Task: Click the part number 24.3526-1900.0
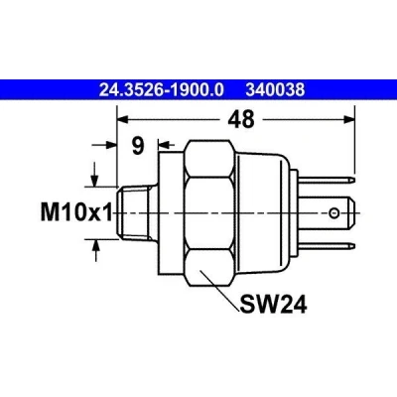(x=162, y=89)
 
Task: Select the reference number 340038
(x=275, y=89)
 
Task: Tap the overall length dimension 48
(x=241, y=119)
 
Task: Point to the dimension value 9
(x=138, y=146)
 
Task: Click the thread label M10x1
(x=76, y=212)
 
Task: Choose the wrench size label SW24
(x=273, y=305)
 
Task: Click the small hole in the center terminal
(x=333, y=212)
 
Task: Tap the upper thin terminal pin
(x=327, y=180)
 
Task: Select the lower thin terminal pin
(x=327, y=246)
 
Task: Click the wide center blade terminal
(x=329, y=212)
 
